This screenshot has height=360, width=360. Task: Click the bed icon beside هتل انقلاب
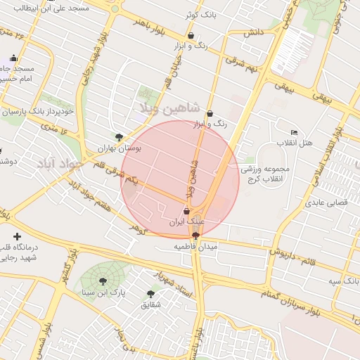pyautogui.click(x=294, y=133)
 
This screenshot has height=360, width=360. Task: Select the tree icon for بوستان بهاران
pyautogui.click(x=118, y=138)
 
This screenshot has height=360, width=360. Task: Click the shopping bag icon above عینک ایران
pyautogui.click(x=186, y=211)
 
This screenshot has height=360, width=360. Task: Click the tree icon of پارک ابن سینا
pyautogui.click(x=103, y=281)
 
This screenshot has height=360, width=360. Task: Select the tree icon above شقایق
pyautogui.click(x=150, y=294)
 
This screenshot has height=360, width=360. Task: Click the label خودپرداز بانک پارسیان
pyautogui.click(x=38, y=112)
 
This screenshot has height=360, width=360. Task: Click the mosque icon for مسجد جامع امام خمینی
pyautogui.click(x=14, y=58)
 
